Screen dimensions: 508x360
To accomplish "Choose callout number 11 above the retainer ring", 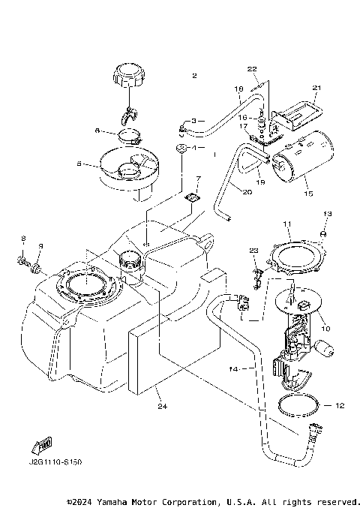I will tap(286, 224).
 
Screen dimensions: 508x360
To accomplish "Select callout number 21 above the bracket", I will tap(316, 88).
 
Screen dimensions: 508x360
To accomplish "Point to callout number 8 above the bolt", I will tap(22, 239).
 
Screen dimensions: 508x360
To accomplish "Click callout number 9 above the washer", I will tap(41, 245).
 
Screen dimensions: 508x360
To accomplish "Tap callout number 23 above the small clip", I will tap(254, 250).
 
